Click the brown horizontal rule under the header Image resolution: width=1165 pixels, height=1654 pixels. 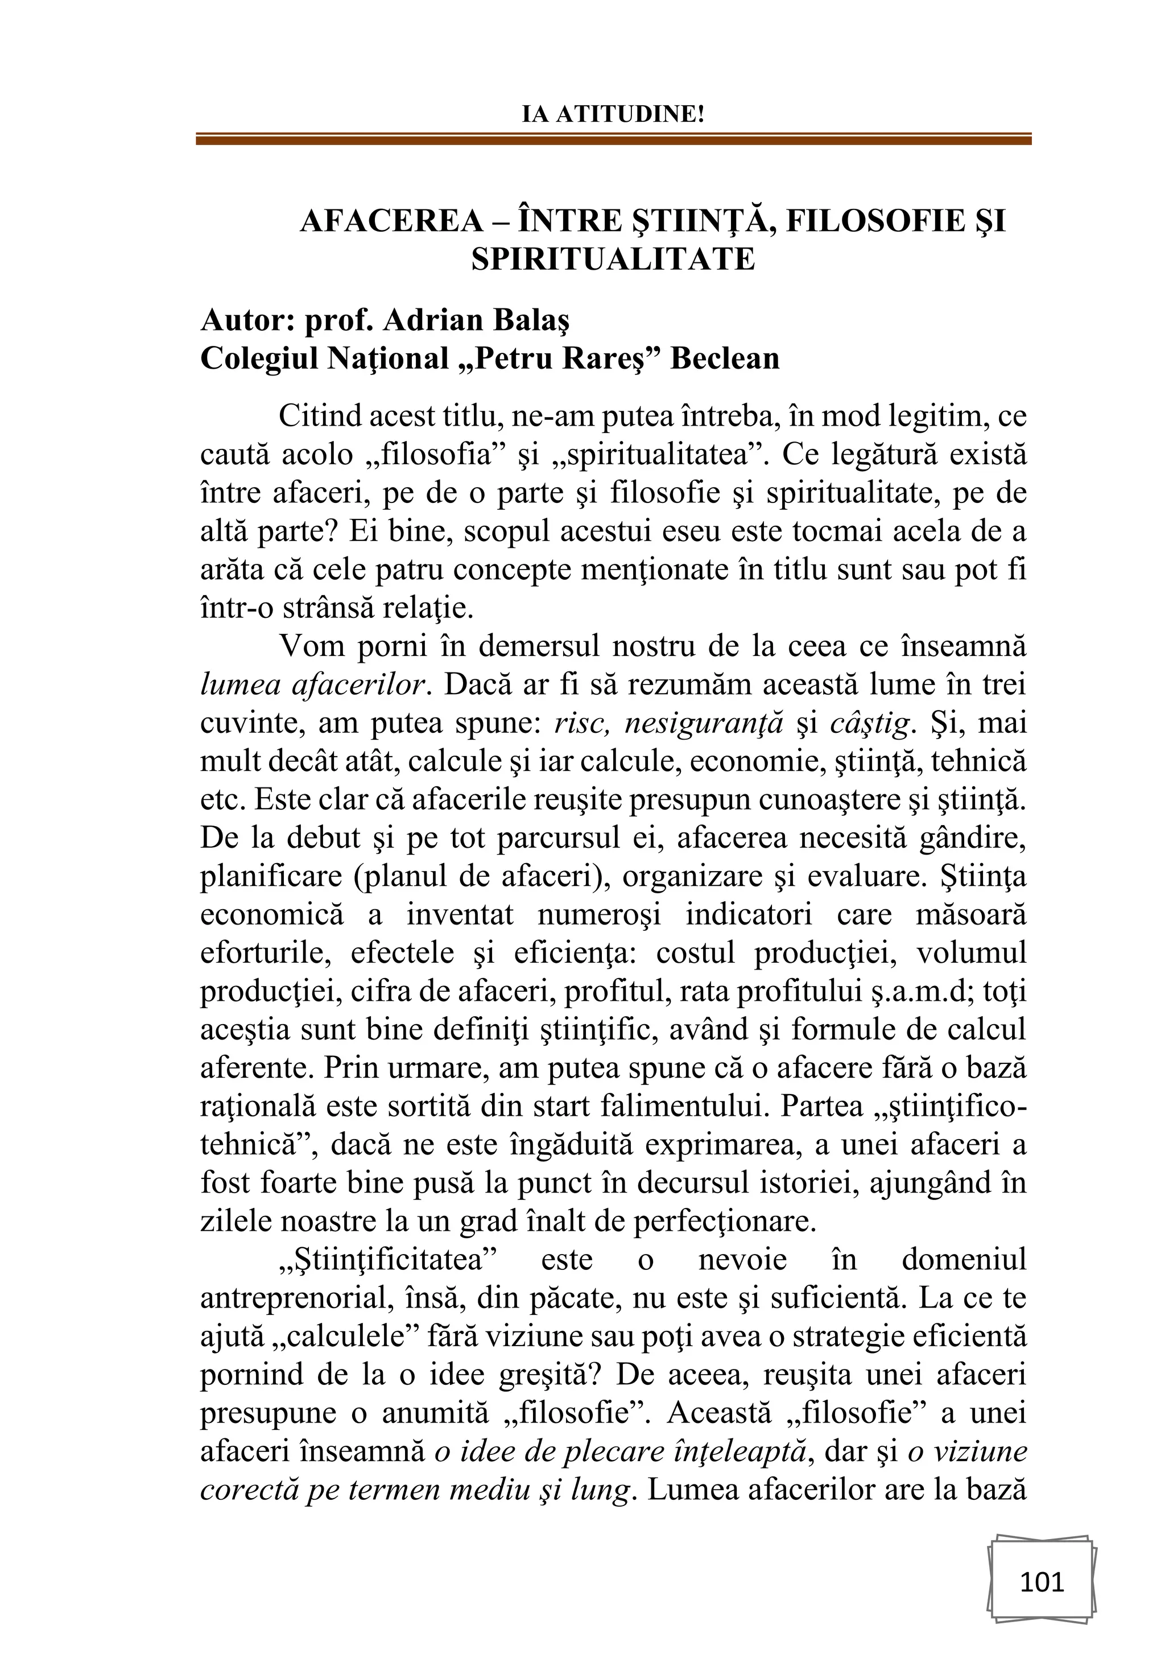pos(613,139)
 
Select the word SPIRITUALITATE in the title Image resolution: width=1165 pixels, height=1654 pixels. pos(613,259)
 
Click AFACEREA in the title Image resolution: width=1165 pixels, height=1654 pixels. pos(391,221)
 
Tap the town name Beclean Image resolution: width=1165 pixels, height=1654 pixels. pos(725,358)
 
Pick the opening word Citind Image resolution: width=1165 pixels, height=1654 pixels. pos(317,417)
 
